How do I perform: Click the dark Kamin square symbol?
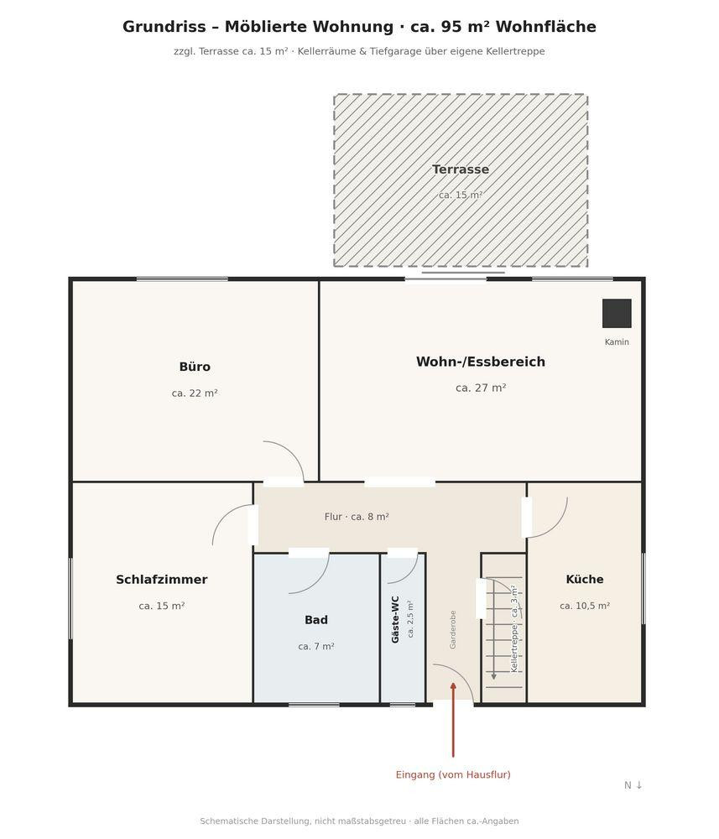617,314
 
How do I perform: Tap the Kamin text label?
617,342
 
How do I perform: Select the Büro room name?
195,367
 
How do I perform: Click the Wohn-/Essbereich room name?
481,362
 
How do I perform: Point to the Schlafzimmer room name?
162,580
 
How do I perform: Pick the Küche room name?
585,579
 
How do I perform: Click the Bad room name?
316,620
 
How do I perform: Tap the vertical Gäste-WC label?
395,619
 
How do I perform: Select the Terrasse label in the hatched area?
461,169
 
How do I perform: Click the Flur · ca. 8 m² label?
357,517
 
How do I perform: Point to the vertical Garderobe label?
452,630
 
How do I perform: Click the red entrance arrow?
453,720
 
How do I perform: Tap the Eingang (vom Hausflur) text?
453,774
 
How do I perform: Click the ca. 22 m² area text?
195,393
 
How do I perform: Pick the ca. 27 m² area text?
481,388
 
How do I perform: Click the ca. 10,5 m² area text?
585,606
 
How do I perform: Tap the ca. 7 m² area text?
316,646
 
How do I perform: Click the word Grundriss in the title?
164,27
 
